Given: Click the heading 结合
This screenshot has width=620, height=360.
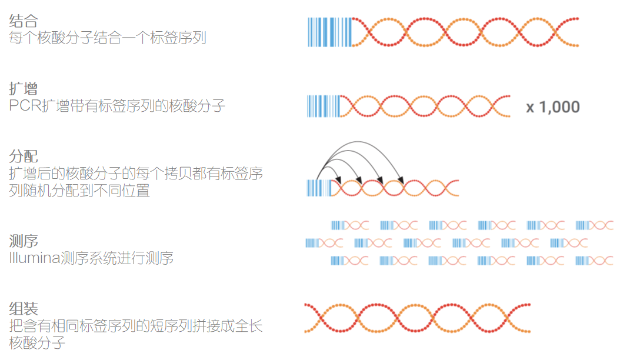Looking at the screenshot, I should [x=24, y=21].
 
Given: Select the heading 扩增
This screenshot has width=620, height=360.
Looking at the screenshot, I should [x=24, y=89].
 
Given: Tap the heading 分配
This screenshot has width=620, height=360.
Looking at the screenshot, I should [x=24, y=156].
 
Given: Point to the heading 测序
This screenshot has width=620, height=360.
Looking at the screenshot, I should [x=24, y=241].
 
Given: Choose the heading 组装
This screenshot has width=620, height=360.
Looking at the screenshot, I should [x=24, y=308].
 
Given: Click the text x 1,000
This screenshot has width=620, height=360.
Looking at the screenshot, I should [x=553, y=107].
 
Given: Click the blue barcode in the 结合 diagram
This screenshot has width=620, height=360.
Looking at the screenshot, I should [x=329, y=32].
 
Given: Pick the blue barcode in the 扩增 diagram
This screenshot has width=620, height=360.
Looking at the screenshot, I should [x=323, y=106].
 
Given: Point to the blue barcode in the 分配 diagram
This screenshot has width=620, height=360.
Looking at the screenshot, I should [x=318, y=188].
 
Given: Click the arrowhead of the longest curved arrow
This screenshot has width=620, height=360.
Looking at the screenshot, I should [x=400, y=179].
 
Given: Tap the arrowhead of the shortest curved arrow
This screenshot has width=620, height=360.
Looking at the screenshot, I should [x=339, y=179].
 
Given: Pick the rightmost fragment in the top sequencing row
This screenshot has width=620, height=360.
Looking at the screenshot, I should [x=594, y=225].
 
